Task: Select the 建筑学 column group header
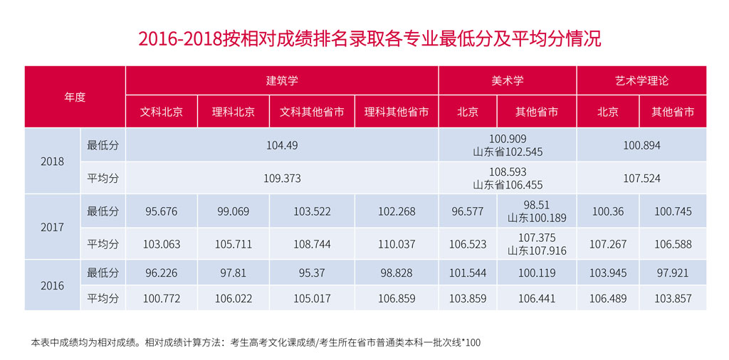pyautogui.click(x=282, y=80)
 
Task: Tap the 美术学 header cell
pyautogui.click(x=507, y=80)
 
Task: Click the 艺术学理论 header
pyautogui.click(x=641, y=80)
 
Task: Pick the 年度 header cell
pyautogui.click(x=75, y=97)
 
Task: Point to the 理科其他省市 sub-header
pyautogui.click(x=397, y=112)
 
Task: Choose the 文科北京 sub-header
pyautogui.click(x=161, y=112)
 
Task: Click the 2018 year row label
pyautogui.click(x=52, y=162)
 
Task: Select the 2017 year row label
pyautogui.click(x=52, y=228)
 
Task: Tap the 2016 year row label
pyautogui.click(x=52, y=285)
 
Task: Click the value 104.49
pyautogui.click(x=282, y=145)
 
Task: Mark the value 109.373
pyautogui.click(x=282, y=178)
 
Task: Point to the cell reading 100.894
pyautogui.click(x=641, y=145)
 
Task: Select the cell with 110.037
pyautogui.click(x=397, y=244)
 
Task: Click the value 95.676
pyautogui.click(x=161, y=211)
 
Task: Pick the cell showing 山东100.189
pyautogui.click(x=537, y=218)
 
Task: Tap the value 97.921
pyautogui.click(x=673, y=272)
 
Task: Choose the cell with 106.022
pyautogui.click(x=234, y=299)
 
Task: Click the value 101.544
pyautogui.click(x=468, y=272)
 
